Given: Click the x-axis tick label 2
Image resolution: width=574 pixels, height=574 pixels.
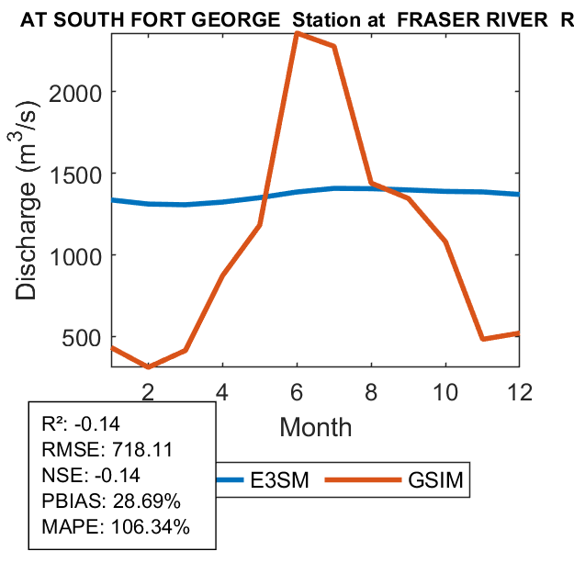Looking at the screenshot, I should point(148,390).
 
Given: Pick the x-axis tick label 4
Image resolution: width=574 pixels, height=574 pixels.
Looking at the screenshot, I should point(222,390).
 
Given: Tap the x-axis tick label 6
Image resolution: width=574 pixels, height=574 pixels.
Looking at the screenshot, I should point(297,390).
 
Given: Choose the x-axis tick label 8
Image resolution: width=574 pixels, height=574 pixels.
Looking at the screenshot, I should point(371,390).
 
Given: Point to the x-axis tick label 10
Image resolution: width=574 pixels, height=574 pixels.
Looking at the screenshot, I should point(445,390).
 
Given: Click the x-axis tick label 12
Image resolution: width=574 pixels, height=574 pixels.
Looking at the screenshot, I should point(520,390).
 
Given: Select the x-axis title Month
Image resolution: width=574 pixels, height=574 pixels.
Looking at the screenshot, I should point(315,426).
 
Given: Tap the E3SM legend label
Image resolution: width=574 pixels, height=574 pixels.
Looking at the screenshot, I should point(279,479).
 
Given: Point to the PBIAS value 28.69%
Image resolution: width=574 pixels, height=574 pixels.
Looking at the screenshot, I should point(147,501).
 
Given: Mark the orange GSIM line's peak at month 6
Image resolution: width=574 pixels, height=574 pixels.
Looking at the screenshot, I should point(297,33).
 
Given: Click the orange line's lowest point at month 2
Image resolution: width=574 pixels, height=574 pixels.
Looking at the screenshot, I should point(148,366).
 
